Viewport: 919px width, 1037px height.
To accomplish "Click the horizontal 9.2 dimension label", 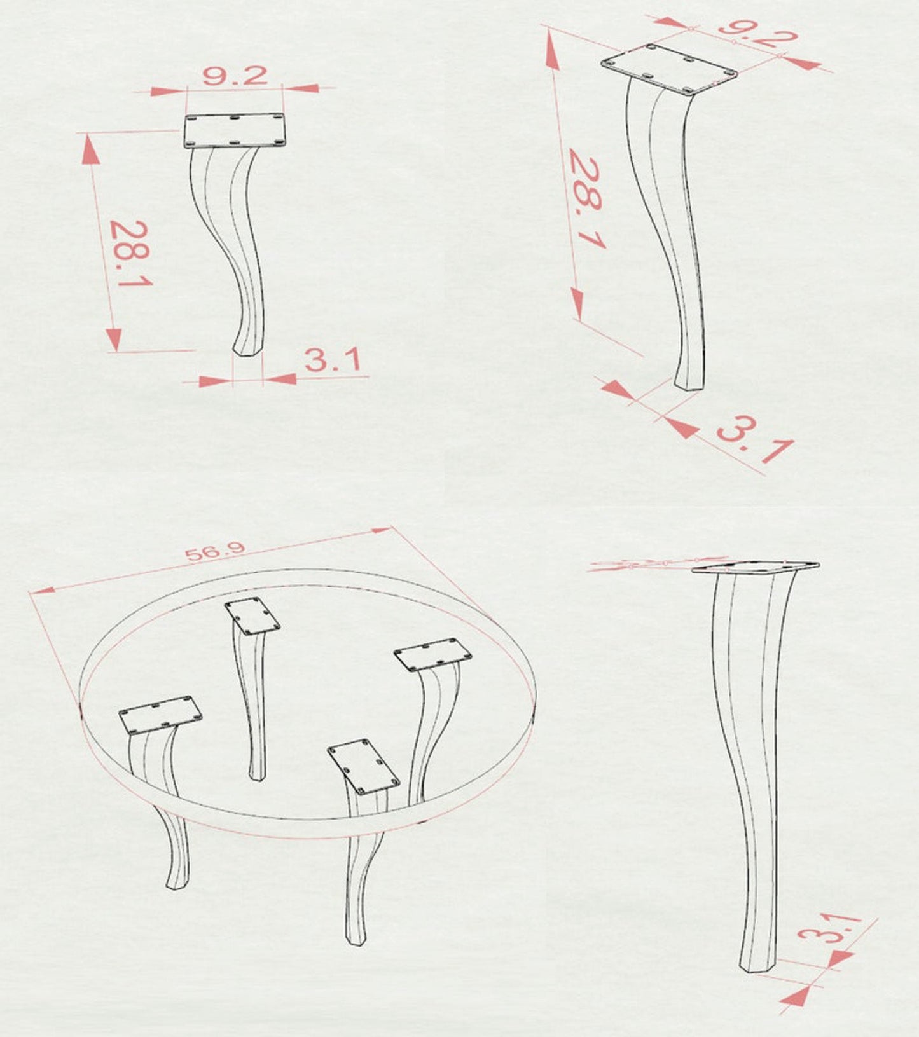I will [235, 76].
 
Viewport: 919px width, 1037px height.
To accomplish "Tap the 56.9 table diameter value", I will [214, 551].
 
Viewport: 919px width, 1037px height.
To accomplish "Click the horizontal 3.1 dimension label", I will [331, 360].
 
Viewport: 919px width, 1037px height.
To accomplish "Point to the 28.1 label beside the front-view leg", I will [130, 253].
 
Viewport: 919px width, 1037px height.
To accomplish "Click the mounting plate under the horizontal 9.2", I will [235, 130].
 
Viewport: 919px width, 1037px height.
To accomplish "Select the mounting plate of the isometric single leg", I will [669, 68].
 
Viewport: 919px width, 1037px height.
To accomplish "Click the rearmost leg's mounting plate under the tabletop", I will [252, 615].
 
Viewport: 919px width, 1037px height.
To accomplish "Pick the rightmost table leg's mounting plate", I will [432, 654].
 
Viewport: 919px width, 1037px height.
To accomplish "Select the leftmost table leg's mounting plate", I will [160, 715].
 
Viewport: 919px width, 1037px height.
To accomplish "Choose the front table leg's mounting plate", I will [364, 766].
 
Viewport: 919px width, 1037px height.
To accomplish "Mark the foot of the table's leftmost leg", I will [177, 881].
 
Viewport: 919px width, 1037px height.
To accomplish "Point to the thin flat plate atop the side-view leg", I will [755, 567].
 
